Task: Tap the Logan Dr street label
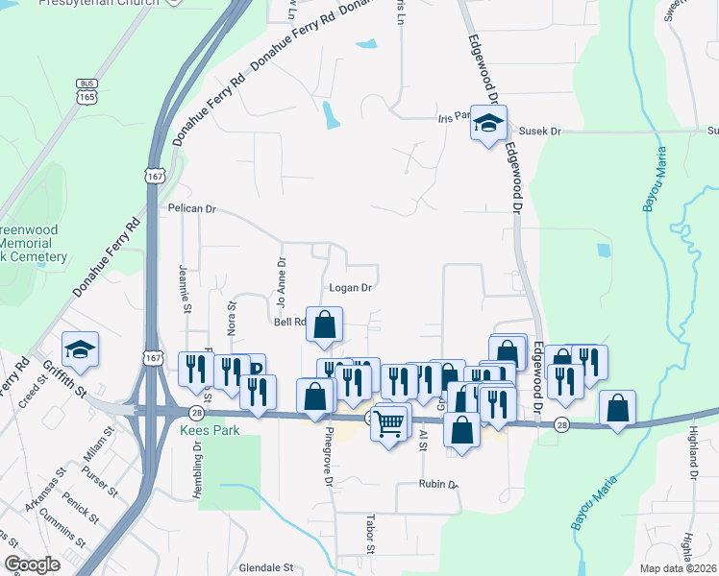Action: tap(350, 287)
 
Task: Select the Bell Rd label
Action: tap(289, 323)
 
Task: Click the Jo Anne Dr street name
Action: tap(282, 281)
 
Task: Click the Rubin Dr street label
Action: tap(438, 485)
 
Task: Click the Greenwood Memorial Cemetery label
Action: tap(33, 244)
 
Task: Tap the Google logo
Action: tap(32, 564)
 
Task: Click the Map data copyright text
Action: tap(679, 568)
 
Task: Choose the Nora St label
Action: tap(232, 318)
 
